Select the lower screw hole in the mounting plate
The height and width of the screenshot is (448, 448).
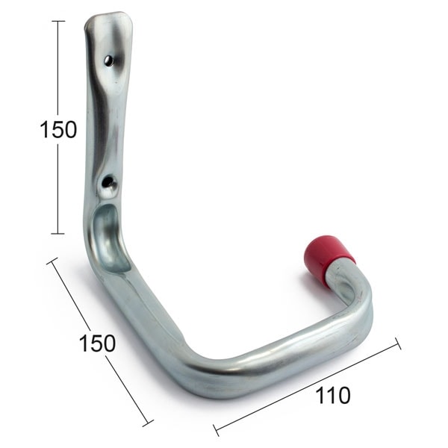coord(108,181)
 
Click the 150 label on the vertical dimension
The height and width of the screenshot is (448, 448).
coord(58,129)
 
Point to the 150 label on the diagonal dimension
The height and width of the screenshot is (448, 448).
coord(97,343)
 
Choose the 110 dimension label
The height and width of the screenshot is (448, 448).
coord(332,395)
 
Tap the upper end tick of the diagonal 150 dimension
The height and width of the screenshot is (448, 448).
coord(52,261)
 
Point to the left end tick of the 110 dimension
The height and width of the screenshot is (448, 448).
coord(216,430)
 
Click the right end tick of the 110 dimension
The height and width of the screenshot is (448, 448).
coord(397,343)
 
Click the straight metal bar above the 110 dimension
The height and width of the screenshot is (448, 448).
coord(284,351)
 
